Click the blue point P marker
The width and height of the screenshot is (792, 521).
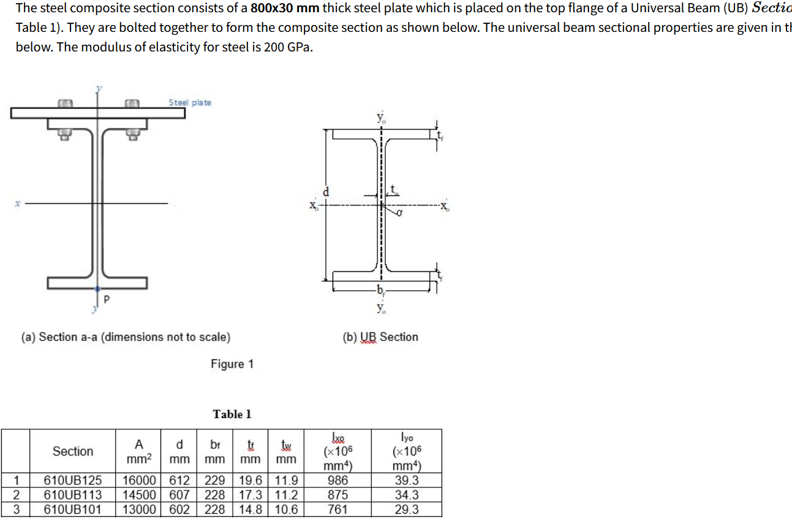[98, 288]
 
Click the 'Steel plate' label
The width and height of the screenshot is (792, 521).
[190, 102]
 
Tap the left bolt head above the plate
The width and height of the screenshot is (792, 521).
[66, 103]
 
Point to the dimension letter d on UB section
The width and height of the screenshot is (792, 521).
[326, 192]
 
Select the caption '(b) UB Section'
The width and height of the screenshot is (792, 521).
[380, 337]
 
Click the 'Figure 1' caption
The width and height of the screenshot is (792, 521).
[232, 364]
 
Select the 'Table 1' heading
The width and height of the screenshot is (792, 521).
[232, 414]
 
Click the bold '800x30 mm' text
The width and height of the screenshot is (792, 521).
[285, 9]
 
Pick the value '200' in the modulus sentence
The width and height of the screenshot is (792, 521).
[273, 48]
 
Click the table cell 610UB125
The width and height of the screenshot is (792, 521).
[73, 480]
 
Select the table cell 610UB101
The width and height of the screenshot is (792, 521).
[73, 509]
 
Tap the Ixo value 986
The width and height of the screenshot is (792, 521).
[338, 480]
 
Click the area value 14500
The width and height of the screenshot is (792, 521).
[138, 495]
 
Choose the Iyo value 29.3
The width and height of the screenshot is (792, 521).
[407, 509]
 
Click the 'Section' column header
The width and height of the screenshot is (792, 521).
[73, 451]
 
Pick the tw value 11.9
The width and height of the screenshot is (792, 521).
[286, 480]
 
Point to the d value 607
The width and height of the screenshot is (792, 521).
[179, 495]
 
